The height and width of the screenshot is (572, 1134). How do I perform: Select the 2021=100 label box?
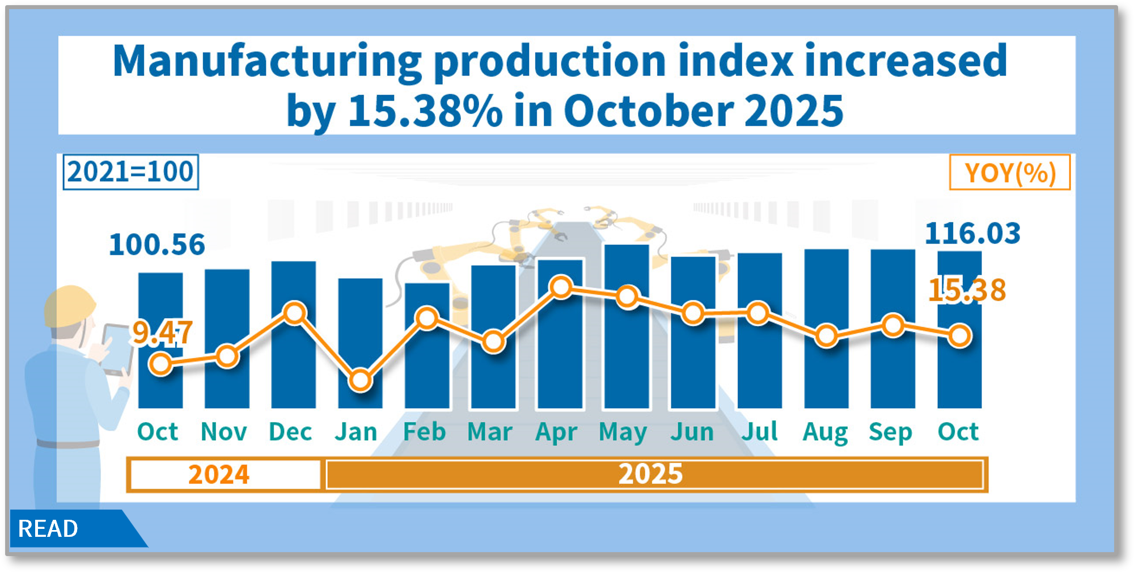(130, 172)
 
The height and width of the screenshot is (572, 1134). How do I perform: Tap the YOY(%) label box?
(1010, 173)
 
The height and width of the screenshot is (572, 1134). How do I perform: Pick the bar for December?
(294, 363)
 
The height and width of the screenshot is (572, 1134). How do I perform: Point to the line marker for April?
(561, 287)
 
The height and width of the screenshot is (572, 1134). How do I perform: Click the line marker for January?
(360, 380)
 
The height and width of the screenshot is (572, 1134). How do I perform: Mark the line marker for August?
(827, 335)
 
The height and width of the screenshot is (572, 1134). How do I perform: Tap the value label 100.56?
(156, 245)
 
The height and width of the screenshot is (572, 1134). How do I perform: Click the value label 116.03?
(972, 233)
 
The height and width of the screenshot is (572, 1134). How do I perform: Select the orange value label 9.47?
(162, 333)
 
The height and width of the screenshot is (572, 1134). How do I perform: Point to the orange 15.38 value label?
(967, 290)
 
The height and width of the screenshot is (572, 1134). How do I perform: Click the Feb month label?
(424, 432)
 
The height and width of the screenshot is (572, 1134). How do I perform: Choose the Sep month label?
(890, 432)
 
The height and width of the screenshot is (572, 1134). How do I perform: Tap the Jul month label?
(759, 432)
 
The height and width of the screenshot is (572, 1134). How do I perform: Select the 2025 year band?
(652, 474)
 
